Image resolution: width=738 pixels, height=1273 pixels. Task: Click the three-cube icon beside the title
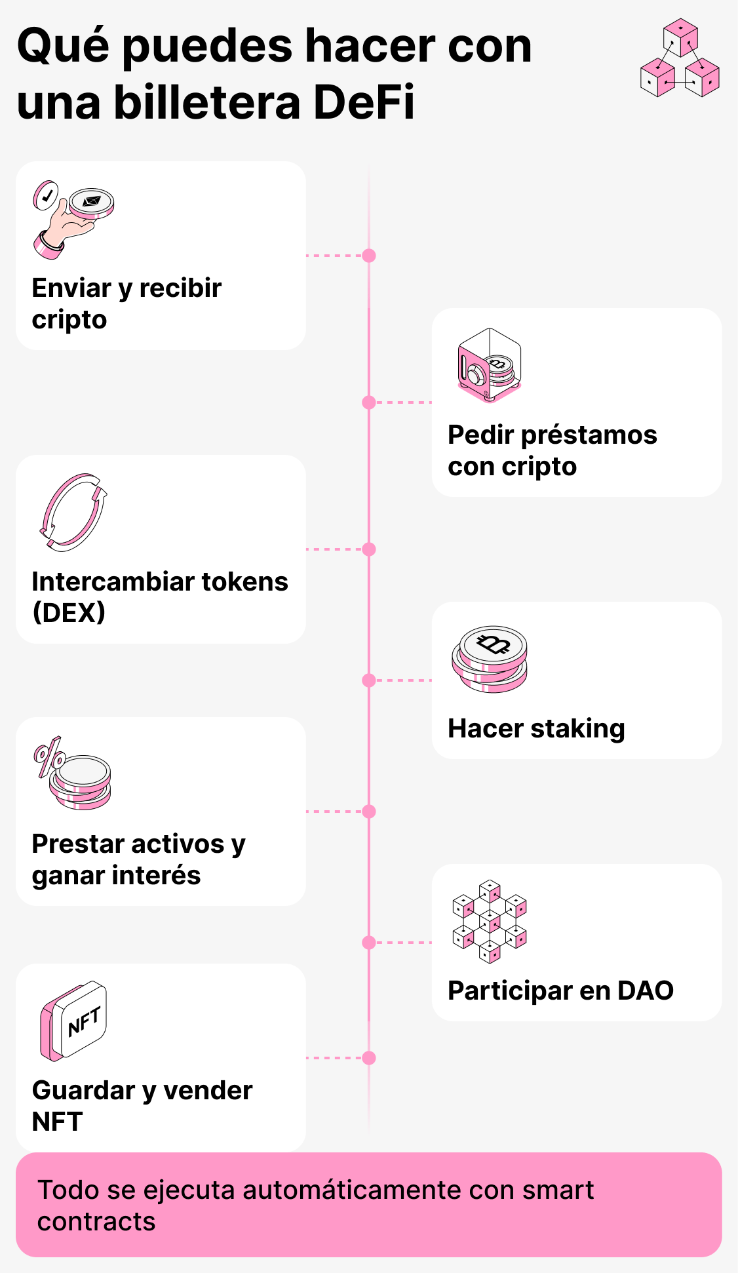680,59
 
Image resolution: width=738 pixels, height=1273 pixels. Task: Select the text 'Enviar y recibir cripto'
126,304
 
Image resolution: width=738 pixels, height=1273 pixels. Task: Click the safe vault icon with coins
489,365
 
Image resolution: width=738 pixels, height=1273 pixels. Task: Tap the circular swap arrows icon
72,511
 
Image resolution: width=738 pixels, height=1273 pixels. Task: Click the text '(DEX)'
68,613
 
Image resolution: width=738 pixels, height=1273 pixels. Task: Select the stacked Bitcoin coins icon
489,659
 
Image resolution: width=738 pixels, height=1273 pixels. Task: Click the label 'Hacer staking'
536,728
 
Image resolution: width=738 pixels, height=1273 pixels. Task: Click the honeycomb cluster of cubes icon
489,921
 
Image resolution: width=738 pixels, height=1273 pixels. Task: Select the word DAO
645,990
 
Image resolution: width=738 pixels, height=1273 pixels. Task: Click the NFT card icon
73,1021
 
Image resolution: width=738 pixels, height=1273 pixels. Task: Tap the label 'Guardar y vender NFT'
142,1106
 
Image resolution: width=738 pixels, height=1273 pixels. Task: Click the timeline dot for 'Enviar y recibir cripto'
369,256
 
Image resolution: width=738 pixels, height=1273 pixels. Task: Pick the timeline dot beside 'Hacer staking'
369,680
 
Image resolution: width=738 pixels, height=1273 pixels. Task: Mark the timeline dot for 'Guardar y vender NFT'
369,1058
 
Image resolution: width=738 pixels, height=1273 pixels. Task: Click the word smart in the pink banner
558,1190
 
